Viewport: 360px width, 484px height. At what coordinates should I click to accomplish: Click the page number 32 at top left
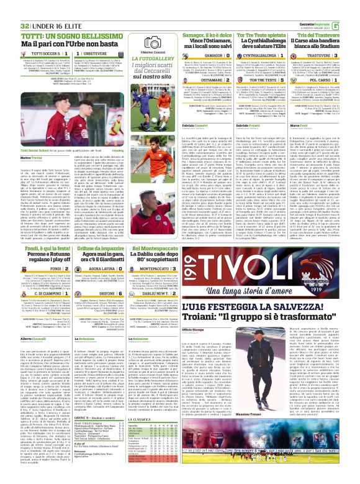tap(8, 7)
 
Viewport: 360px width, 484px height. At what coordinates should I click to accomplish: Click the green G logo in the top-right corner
tap(353, 7)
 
